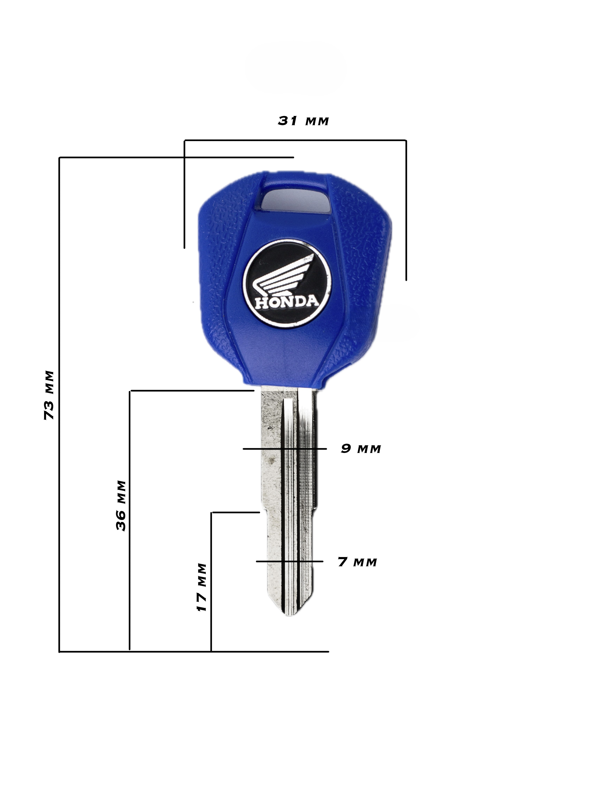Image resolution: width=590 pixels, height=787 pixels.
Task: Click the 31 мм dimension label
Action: [303, 121]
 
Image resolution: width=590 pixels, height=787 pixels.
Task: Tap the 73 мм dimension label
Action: [49, 395]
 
